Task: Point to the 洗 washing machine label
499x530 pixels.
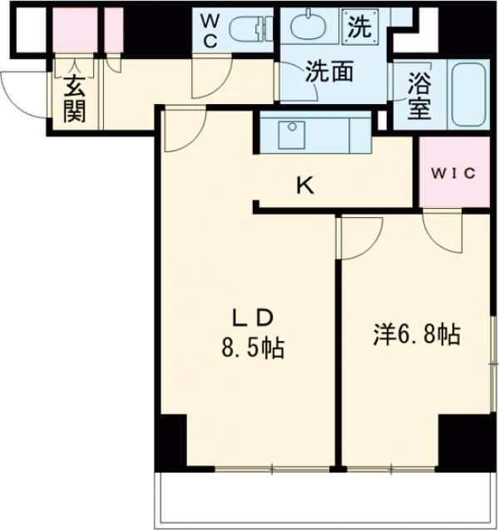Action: pos(359,27)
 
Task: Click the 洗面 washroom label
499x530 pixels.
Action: pos(329,72)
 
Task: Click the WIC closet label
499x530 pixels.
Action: pos(453,173)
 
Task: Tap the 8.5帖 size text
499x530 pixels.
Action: pos(252,346)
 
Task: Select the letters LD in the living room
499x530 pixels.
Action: pos(253,317)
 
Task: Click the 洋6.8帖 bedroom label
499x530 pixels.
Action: pos(415,334)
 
